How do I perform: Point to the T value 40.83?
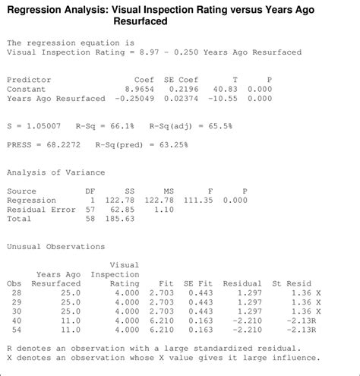[226, 89]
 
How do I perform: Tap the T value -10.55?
[223, 99]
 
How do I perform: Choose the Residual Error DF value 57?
[90, 210]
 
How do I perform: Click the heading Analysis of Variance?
[55, 172]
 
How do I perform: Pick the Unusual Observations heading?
[55, 247]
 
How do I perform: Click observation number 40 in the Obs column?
[15, 321]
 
